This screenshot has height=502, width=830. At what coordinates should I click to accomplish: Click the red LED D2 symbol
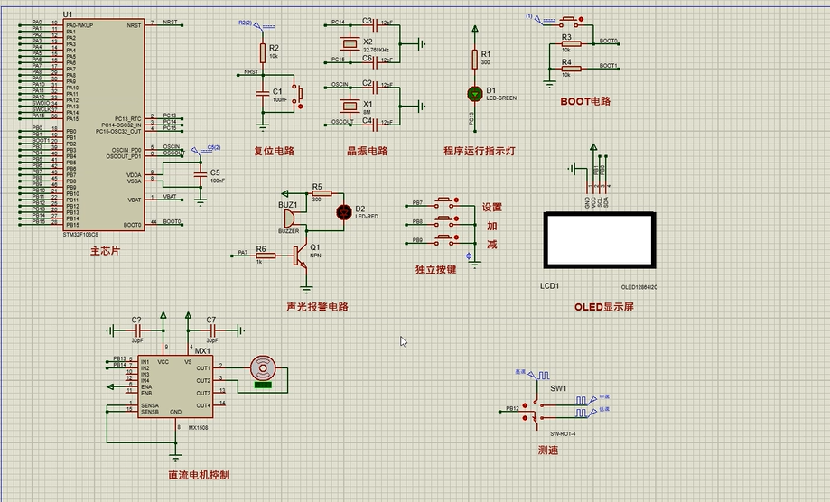coord(344,212)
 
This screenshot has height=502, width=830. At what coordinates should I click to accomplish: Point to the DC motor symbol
coord(263,367)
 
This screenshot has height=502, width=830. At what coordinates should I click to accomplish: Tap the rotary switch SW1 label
coord(557,388)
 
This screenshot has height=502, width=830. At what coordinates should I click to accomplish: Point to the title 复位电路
coord(274,151)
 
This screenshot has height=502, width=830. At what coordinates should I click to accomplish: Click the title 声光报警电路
coord(317,306)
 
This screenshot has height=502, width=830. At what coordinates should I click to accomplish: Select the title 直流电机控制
coord(199,475)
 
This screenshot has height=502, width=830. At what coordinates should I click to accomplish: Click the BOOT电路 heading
coord(585,101)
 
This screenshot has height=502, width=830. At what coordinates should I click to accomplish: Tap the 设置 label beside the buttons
coord(491,207)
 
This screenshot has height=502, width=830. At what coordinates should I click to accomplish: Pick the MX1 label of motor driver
coord(201,350)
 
